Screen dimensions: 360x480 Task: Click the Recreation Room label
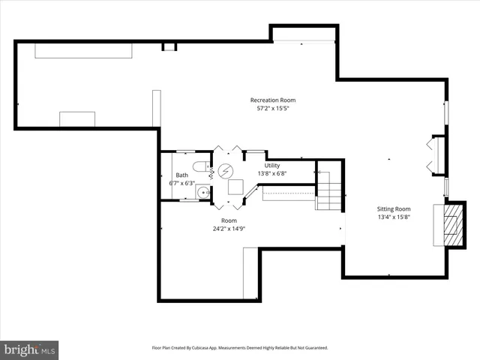[273, 100]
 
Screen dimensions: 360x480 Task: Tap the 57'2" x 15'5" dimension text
[273, 109]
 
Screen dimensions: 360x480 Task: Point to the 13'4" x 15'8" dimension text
[393, 217]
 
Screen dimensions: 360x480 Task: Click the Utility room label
[271, 165]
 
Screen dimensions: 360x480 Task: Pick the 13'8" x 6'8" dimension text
[271, 173]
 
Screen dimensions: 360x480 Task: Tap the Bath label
[182, 175]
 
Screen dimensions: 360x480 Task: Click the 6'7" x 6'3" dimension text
[182, 183]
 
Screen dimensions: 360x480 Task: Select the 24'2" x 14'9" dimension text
[229, 229]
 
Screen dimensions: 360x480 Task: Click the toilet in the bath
[200, 166]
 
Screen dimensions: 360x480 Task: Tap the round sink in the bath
[202, 193]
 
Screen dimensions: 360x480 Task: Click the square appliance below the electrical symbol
[235, 187]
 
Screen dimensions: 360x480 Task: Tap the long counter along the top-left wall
[85, 49]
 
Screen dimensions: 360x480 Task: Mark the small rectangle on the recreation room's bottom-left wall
[77, 119]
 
